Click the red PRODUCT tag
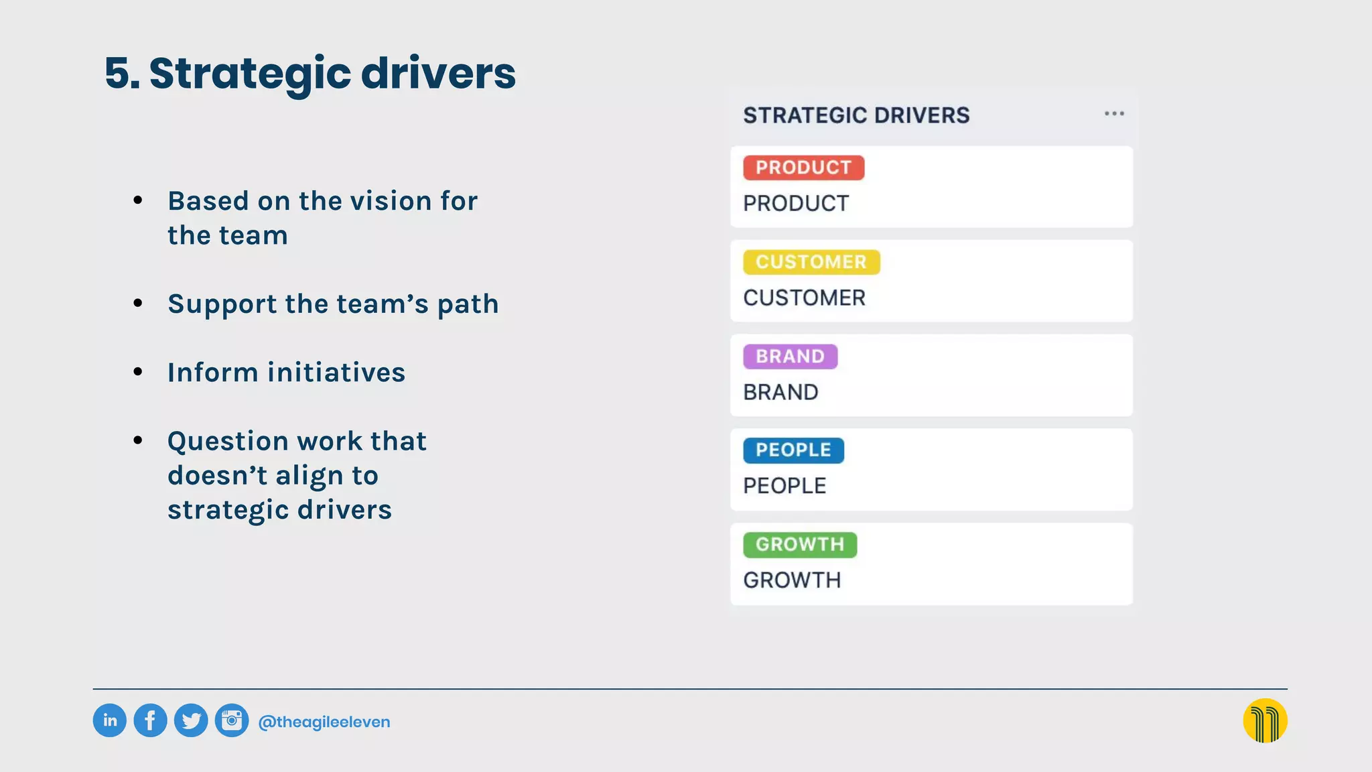point(803,168)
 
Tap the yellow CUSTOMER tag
point(811,262)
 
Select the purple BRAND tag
point(790,357)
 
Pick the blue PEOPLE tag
point(793,450)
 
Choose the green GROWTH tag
point(800,545)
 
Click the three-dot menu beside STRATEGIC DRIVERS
point(1114,114)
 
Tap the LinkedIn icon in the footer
point(110,721)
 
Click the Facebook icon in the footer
point(150,721)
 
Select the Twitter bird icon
point(191,721)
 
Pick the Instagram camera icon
point(232,721)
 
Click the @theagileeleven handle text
point(324,722)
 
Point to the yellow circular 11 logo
point(1265,721)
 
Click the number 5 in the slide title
point(118,73)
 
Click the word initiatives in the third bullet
point(336,373)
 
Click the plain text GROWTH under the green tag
point(792,580)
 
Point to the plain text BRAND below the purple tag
point(780,392)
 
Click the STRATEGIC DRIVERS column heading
point(856,115)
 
